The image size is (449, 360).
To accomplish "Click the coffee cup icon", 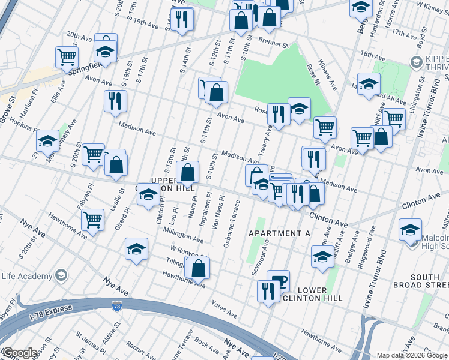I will pyautogui.click(x=278, y=280).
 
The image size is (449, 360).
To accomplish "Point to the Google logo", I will pyautogui.click(x=19, y=353).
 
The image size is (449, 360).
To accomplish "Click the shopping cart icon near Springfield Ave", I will pyautogui.click(x=67, y=58).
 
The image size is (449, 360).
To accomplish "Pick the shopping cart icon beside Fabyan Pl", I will pyautogui.click(x=93, y=220).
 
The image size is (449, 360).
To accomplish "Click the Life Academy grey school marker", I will pyautogui.click(x=61, y=275).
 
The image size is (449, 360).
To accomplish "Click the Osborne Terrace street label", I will pyautogui.click(x=232, y=223).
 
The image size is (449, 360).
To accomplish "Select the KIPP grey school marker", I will pyautogui.click(x=415, y=62).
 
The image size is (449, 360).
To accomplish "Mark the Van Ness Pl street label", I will pyautogui.click(x=217, y=211).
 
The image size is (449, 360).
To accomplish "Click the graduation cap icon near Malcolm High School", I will pyautogui.click(x=410, y=230).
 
